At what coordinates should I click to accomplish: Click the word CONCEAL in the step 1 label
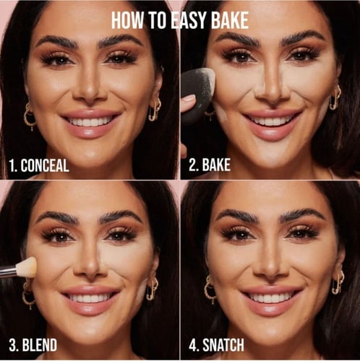pyautogui.click(x=45, y=165)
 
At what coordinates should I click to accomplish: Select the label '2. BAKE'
pyautogui.click(x=210, y=165)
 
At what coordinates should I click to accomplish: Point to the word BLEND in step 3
pyautogui.click(x=40, y=345)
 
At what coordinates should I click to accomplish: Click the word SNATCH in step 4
pyautogui.click(x=223, y=345)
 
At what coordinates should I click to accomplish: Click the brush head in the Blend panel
pyautogui.click(x=27, y=266)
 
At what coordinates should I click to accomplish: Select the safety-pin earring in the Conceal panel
pyautogui.click(x=155, y=110)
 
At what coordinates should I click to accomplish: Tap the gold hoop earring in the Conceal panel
pyautogui.click(x=30, y=117)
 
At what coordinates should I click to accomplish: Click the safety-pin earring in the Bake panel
pyautogui.click(x=335, y=97)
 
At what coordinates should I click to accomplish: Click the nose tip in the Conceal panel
pyautogui.click(x=90, y=92)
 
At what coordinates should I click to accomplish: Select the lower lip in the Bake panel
pyautogui.click(x=272, y=132)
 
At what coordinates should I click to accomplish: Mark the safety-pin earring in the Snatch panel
pyautogui.click(x=338, y=282)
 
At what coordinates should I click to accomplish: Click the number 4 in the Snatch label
pyautogui.click(x=193, y=345)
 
